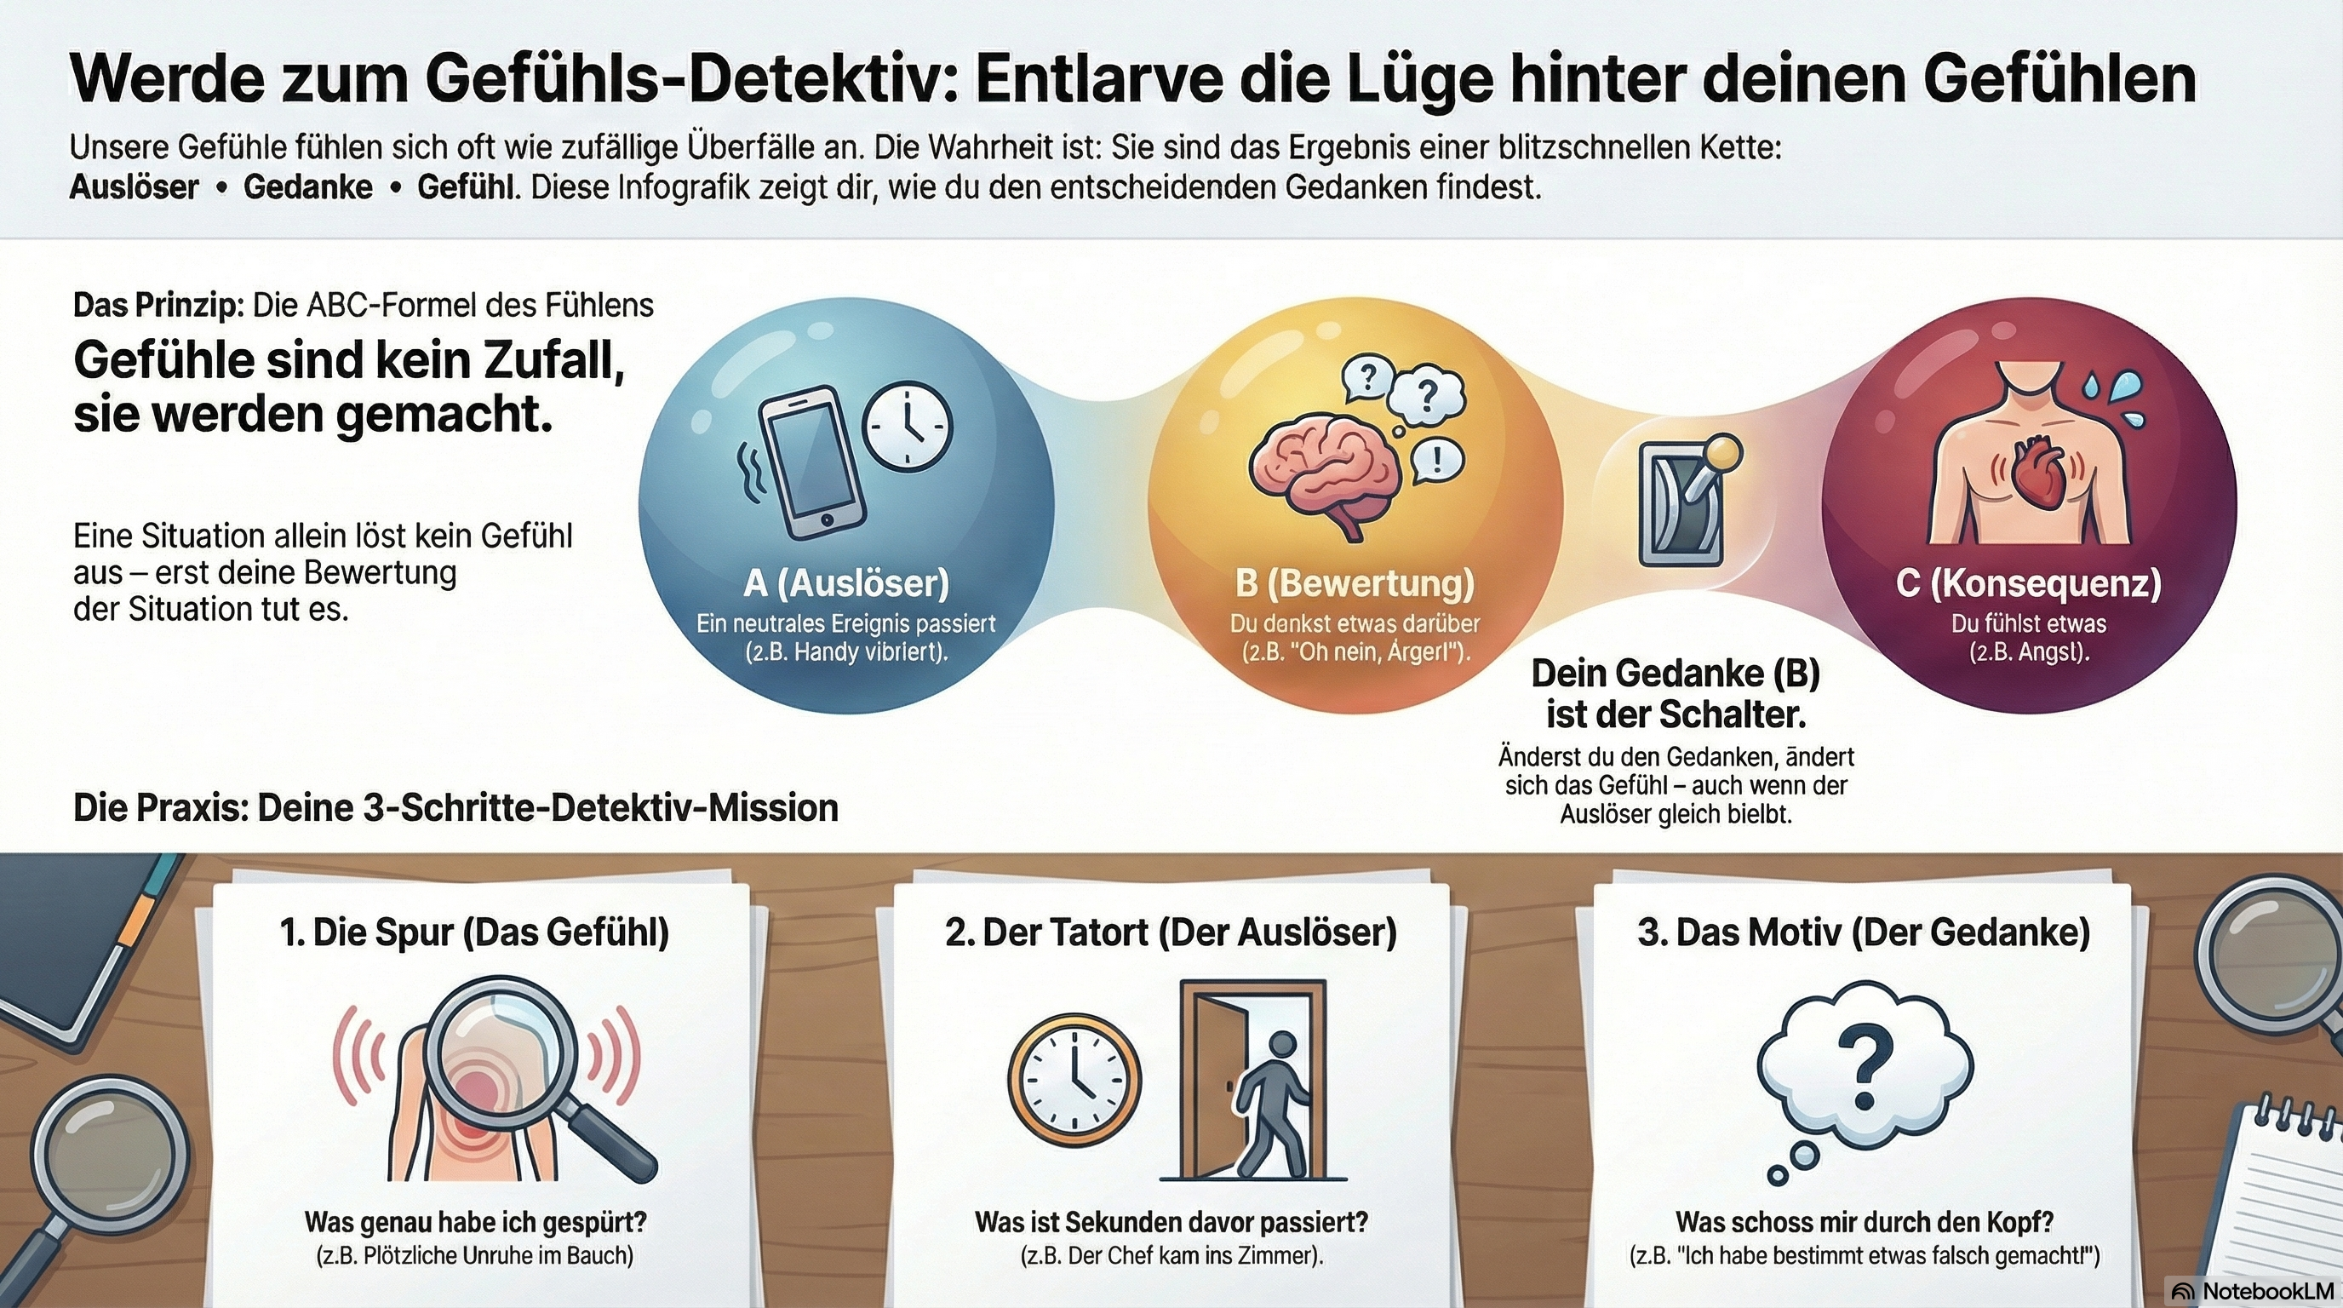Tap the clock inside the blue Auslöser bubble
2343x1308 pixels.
pos(907,426)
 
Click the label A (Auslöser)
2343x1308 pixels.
pos(846,583)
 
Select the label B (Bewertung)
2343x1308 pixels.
pos(1355,583)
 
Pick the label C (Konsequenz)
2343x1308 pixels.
pos(2029,583)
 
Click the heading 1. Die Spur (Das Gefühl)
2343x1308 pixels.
pos(475,933)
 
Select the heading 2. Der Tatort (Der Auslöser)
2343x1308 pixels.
pos(1171,933)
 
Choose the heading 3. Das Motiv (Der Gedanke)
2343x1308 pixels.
pos(1864,933)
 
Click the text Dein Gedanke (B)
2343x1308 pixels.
pos(1676,674)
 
